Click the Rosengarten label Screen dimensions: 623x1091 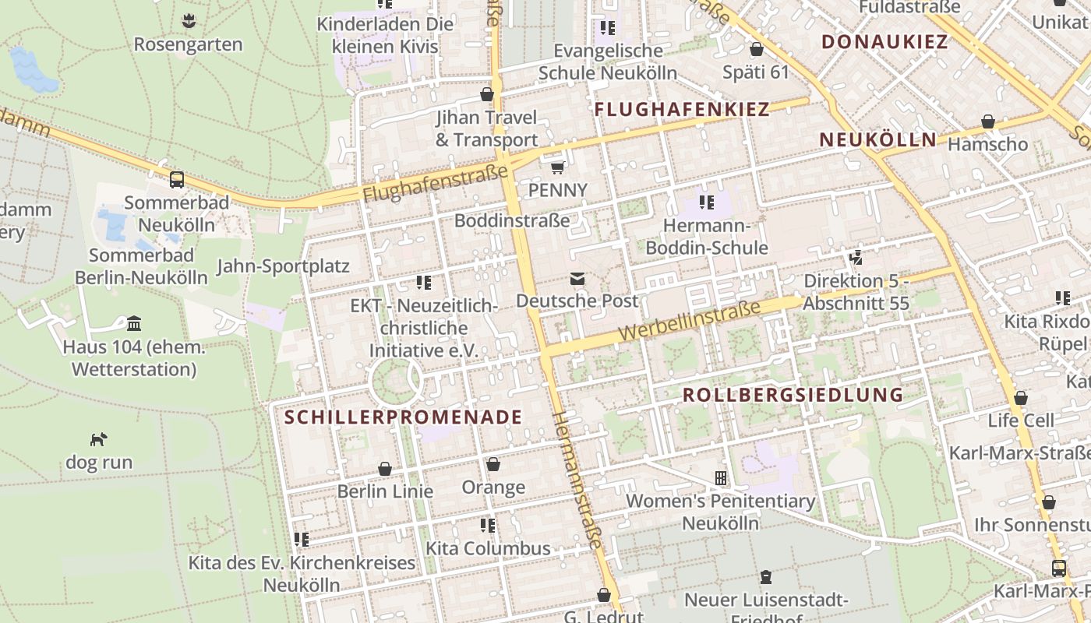(188, 44)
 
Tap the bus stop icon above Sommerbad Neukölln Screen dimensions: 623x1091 (177, 180)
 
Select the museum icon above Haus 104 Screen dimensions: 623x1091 (133, 323)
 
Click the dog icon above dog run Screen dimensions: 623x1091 (98, 439)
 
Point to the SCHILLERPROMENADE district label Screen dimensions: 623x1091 (403, 417)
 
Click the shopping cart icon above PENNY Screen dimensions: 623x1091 (557, 167)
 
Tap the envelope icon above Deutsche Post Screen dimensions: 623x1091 (577, 278)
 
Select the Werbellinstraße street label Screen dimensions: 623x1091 (689, 321)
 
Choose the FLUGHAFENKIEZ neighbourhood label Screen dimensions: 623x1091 (682, 110)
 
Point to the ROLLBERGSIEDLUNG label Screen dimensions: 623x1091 (793, 395)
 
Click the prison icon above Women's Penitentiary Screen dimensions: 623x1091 (721, 477)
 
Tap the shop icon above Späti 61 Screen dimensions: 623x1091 (756, 50)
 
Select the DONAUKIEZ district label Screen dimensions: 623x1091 (885, 42)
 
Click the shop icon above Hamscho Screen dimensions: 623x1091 (988, 121)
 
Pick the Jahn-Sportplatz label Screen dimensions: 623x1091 (283, 266)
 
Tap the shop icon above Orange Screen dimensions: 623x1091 (493, 464)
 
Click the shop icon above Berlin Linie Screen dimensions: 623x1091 (385, 469)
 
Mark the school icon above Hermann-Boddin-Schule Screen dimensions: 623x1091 (707, 202)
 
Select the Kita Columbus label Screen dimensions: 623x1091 (488, 548)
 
